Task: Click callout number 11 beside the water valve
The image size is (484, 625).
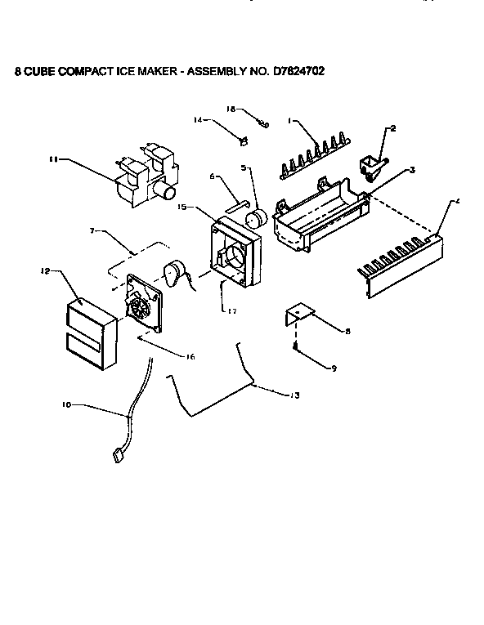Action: click(x=53, y=160)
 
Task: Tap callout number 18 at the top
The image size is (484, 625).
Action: click(x=231, y=108)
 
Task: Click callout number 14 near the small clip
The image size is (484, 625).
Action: click(x=197, y=120)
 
